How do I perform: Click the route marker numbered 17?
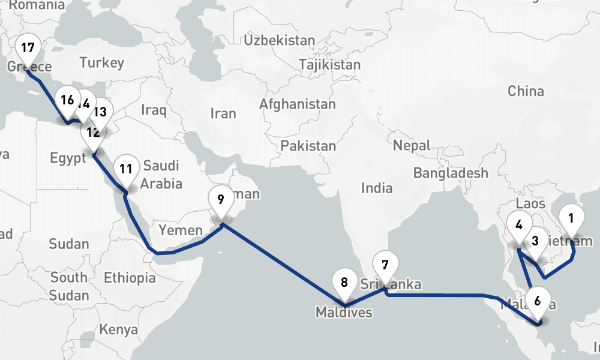coord(28,48)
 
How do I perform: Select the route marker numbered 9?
coord(221,200)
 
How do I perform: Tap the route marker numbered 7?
coord(385,265)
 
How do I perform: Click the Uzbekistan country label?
coord(279,41)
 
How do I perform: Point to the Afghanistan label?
coord(298,104)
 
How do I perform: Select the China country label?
coord(526,91)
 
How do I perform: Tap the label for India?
coord(377,188)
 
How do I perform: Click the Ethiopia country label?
coord(130,278)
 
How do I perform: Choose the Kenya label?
coord(118,330)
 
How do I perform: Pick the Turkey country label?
coord(101,62)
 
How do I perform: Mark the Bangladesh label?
coord(451,173)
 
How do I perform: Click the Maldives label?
coord(344,313)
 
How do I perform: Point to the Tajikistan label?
coord(330,65)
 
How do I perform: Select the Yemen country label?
coord(181,230)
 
